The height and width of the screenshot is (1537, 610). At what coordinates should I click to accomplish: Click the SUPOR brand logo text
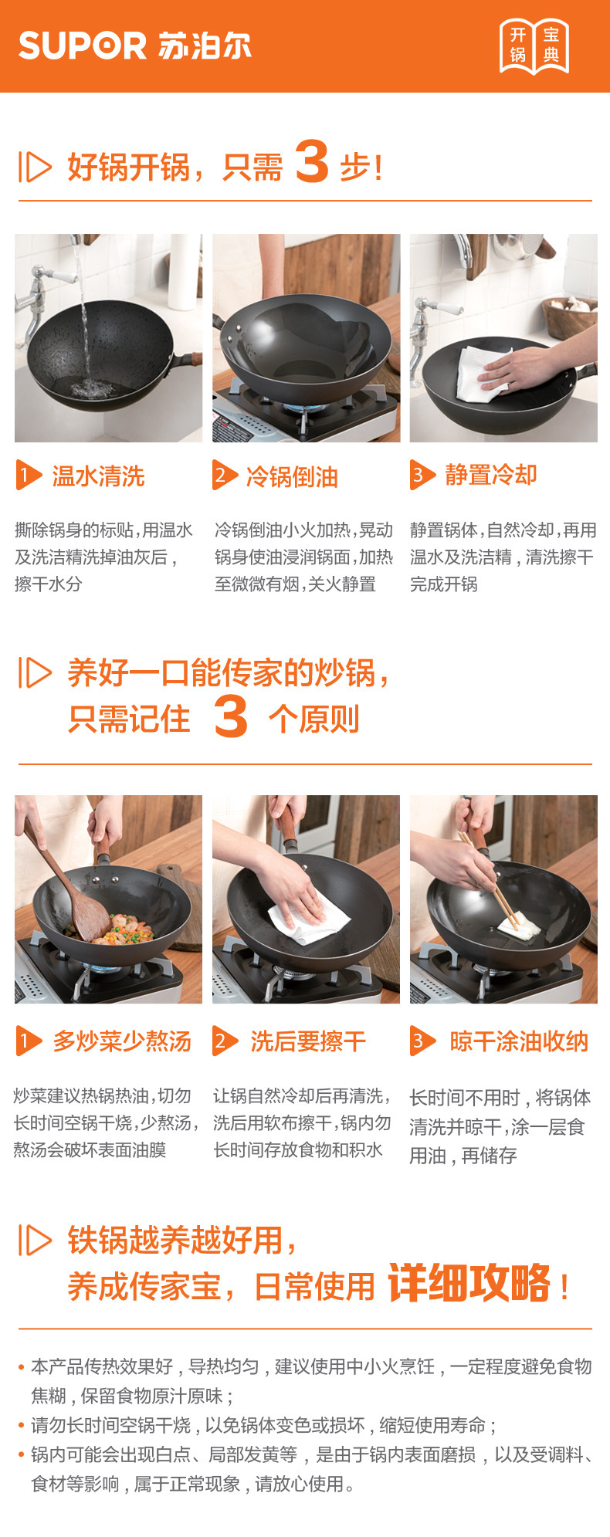pos(83,46)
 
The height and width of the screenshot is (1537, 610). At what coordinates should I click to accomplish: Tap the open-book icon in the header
pos(534,46)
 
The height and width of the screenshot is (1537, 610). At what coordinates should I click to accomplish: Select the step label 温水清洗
pos(98,476)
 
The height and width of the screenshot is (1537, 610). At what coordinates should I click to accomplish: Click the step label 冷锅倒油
pos(292,477)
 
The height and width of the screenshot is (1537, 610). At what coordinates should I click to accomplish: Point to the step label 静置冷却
pos(491,475)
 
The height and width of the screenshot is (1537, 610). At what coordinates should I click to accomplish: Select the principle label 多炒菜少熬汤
pos(122,1041)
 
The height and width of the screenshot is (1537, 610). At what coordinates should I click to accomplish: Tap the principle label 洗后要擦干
pos(308,1041)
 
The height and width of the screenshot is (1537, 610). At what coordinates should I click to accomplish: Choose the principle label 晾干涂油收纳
pos(519,1041)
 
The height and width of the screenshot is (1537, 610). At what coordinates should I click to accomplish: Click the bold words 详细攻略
pos(469,1283)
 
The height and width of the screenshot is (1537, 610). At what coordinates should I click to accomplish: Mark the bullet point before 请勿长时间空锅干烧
pos(22,1426)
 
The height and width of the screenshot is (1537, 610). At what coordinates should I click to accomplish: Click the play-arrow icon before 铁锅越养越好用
pos(35,1241)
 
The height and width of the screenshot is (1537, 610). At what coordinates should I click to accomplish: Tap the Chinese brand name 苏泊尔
pos(205,46)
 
